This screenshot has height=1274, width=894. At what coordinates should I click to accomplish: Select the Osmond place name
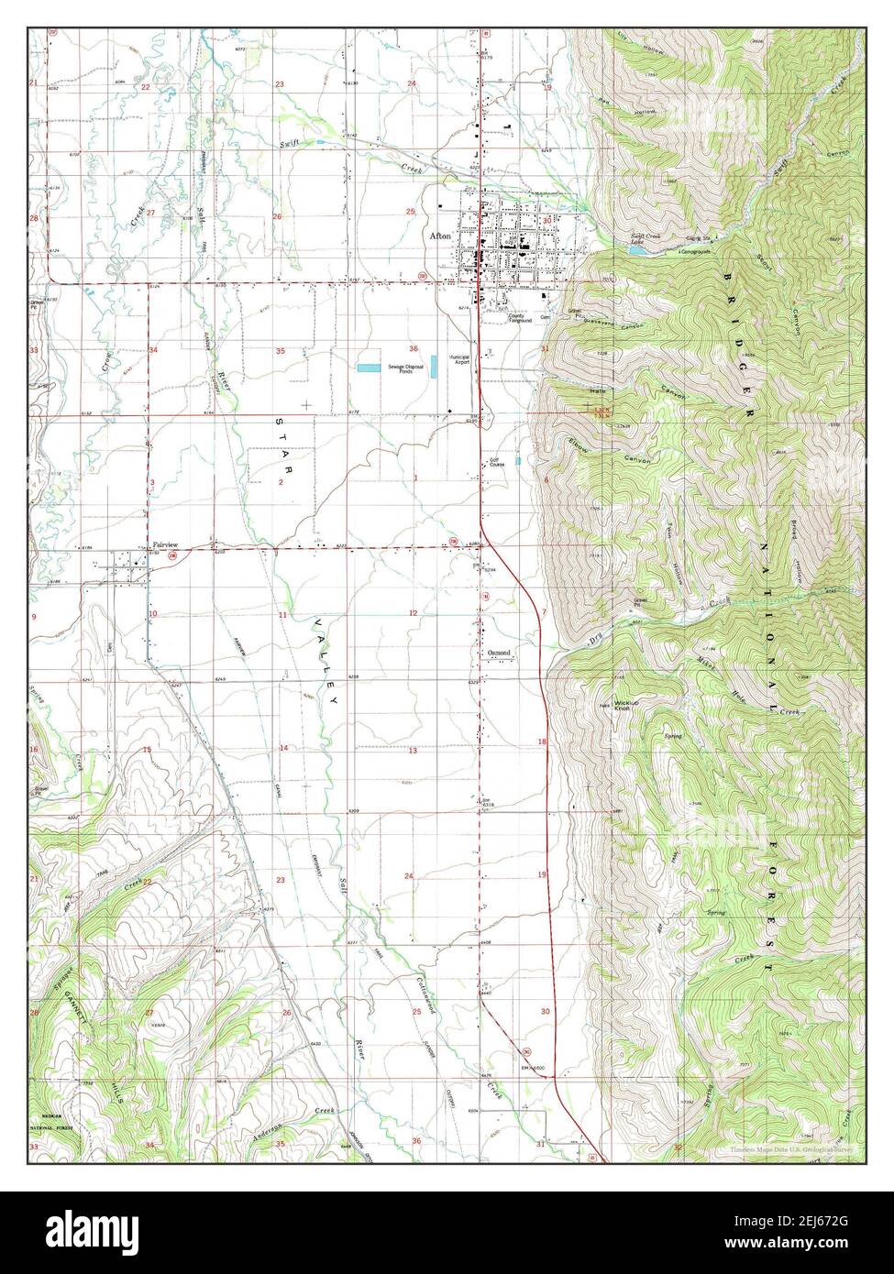tap(499, 653)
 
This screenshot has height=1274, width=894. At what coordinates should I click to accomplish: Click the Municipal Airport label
tap(459, 359)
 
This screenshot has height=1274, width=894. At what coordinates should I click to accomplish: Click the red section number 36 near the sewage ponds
tap(414, 348)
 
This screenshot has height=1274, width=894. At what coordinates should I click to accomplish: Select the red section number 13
tap(413, 751)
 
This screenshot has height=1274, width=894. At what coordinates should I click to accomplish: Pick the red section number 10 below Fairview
tap(153, 613)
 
